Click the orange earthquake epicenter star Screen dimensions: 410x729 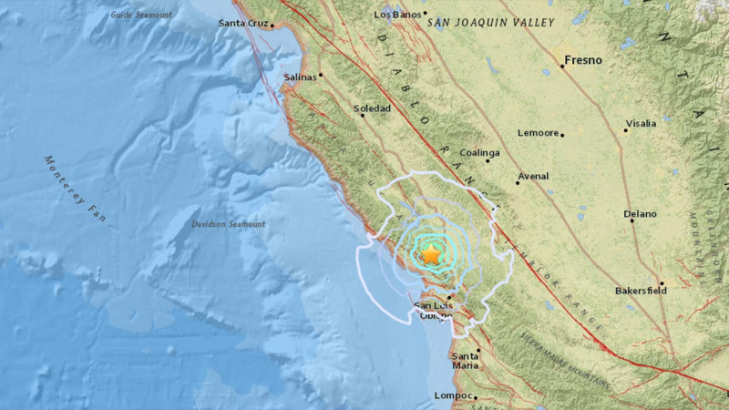[430, 256]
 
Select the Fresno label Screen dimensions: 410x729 [583, 60]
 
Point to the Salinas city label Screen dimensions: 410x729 [299, 77]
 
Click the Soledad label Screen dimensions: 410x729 [372, 108]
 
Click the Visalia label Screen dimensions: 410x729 [641, 123]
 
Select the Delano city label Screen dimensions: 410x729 [640, 214]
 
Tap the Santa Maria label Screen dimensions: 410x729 [466, 361]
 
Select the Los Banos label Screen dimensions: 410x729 [395, 15]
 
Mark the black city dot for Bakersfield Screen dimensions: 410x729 [662, 283]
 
